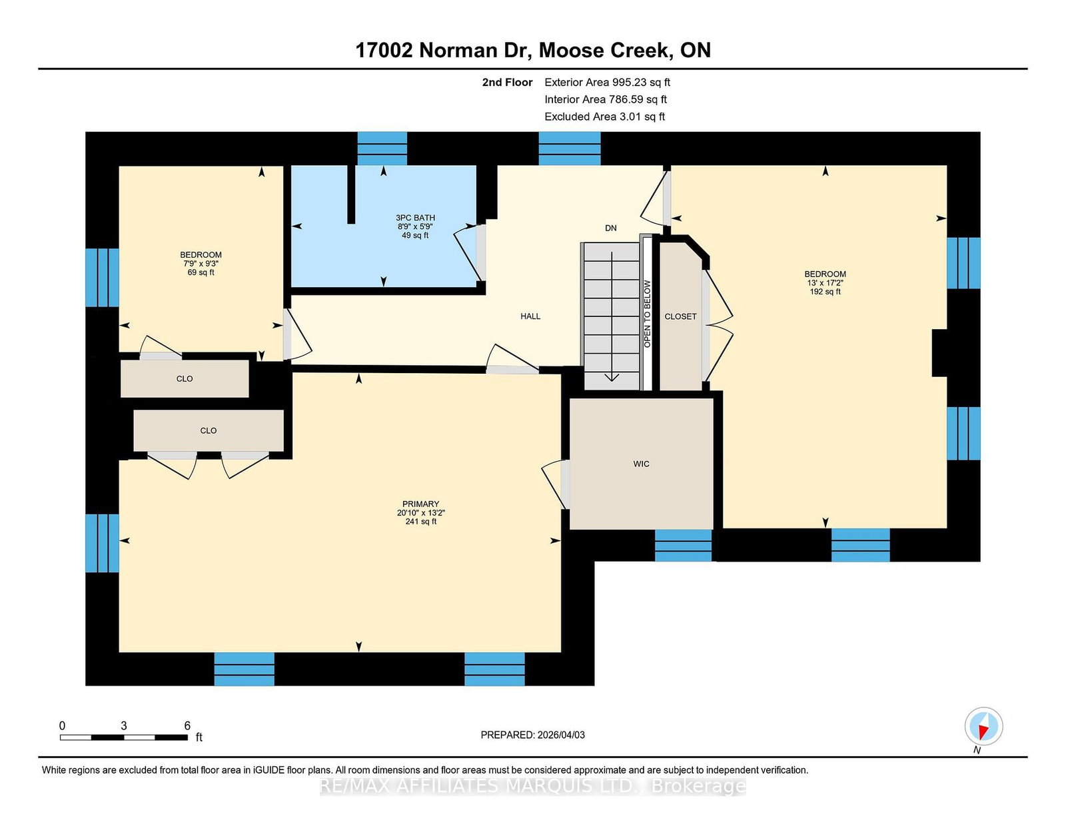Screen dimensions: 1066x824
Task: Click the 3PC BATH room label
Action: pos(415,218)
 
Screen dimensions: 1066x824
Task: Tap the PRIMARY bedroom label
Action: pos(420,504)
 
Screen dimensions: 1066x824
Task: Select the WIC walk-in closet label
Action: pos(641,464)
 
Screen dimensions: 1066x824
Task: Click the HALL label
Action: pos(530,316)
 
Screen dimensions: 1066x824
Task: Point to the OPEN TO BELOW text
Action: pos(647,314)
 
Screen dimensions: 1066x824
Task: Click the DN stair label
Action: pos(611,228)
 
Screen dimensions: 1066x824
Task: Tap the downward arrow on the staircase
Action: pos(612,316)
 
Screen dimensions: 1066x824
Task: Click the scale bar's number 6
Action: pos(187,726)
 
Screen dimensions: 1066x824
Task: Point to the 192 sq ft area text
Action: pos(825,292)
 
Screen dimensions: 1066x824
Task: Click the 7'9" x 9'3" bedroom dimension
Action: pos(201,264)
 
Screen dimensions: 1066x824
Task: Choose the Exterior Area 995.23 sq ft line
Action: pos(608,83)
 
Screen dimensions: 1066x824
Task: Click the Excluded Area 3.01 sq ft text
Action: pos(605,117)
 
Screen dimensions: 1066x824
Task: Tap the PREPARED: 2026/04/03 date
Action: pos(533,735)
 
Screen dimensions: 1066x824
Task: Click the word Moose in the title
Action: pos(572,51)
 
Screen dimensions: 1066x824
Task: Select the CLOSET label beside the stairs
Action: pos(680,317)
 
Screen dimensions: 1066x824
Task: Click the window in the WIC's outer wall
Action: pos(684,546)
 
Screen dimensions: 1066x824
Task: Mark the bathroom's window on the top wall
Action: pos(382,149)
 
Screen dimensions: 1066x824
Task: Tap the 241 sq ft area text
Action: pos(420,522)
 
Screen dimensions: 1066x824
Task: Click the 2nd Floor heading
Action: pos(507,83)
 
